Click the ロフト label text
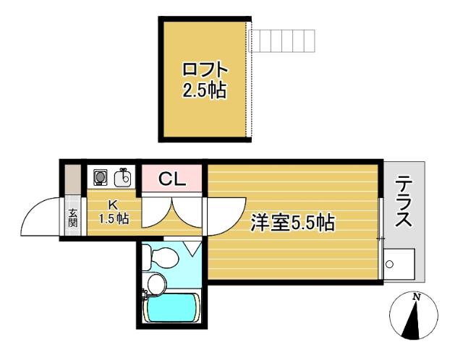(205, 70)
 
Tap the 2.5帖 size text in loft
(205, 91)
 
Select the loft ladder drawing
(284, 37)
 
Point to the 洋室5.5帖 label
(292, 223)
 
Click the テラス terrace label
(404, 204)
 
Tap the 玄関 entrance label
(73, 217)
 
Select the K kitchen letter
(114, 205)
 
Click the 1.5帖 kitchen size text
(114, 218)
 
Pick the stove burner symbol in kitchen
(100, 177)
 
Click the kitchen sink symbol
(124, 177)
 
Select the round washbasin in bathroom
(156, 283)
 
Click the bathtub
(172, 309)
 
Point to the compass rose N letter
(416, 296)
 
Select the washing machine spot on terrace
(399, 265)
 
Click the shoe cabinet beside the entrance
(73, 180)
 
